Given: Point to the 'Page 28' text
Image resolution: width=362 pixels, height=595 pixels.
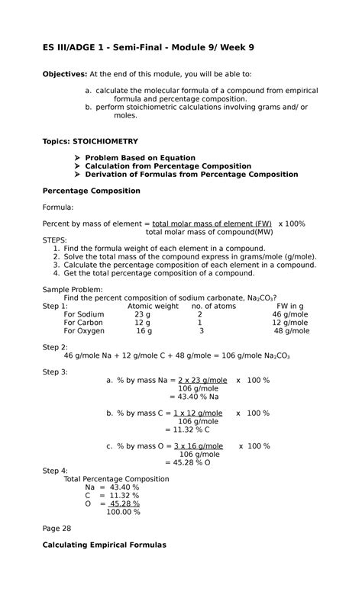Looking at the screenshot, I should point(57,528).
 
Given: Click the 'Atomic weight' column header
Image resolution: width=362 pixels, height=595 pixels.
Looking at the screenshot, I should point(153,306).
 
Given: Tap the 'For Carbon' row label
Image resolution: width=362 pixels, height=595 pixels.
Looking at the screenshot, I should point(83,323).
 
